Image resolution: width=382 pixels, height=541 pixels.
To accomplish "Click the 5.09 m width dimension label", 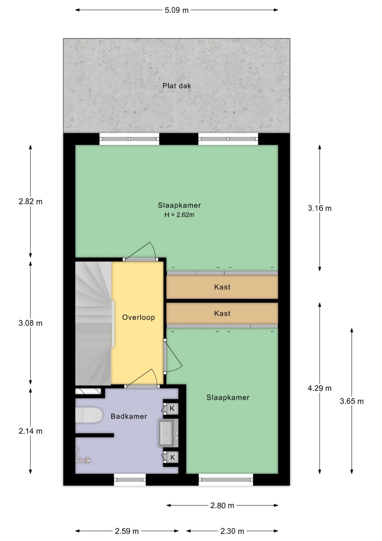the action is pyautogui.click(x=176, y=10).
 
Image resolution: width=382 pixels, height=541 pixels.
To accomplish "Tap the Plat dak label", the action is pyautogui.click(x=177, y=86).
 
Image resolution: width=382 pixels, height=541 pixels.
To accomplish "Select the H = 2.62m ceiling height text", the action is pyautogui.click(x=179, y=215).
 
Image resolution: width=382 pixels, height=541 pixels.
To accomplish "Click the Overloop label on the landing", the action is pyautogui.click(x=138, y=317).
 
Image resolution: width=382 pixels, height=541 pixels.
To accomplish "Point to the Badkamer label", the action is pyautogui.click(x=129, y=416).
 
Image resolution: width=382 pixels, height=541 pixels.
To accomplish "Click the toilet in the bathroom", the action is pyautogui.click(x=89, y=415).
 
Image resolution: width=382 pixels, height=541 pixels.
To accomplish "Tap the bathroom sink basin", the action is pyautogui.click(x=166, y=433).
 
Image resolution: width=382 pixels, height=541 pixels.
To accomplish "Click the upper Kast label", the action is pyautogui.click(x=222, y=287).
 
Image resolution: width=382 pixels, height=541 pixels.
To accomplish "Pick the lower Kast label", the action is pyautogui.click(x=222, y=313).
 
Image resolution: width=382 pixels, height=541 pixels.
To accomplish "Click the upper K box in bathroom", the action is pyautogui.click(x=172, y=408).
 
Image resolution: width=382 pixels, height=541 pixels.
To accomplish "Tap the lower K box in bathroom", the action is pyautogui.click(x=172, y=457).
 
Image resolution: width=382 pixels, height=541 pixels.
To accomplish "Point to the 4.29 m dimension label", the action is pyautogui.click(x=320, y=389).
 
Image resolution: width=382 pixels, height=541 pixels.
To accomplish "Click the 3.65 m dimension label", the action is pyautogui.click(x=352, y=401).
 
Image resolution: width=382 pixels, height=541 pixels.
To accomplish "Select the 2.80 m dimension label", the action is pyautogui.click(x=222, y=505).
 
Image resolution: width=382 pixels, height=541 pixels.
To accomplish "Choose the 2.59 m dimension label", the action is pyautogui.click(x=127, y=531).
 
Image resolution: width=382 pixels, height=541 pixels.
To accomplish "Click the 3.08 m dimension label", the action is pyautogui.click(x=30, y=323).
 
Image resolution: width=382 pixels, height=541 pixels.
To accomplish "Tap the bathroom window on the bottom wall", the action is pyautogui.click(x=130, y=480).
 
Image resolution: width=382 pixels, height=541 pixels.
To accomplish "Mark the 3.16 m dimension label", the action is pyautogui.click(x=320, y=208).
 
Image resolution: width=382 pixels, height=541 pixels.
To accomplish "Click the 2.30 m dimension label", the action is pyautogui.click(x=232, y=531).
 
